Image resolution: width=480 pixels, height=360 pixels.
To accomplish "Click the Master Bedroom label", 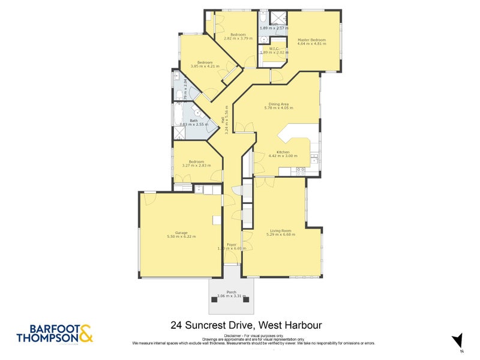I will (311, 40).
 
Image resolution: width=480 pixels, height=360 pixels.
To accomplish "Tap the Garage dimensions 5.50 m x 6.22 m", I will (181, 237).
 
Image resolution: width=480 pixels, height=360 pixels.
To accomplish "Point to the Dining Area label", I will (278, 104).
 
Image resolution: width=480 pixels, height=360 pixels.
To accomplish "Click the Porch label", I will (231, 292).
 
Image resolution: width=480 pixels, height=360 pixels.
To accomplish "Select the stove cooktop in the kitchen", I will (300, 170).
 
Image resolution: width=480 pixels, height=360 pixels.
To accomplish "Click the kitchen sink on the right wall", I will (314, 158).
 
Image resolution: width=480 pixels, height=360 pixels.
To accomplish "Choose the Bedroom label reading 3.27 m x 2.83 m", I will (196, 162).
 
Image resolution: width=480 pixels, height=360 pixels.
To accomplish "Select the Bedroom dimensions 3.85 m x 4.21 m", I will (205, 67).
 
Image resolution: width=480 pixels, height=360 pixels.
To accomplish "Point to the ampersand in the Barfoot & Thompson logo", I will (86, 334).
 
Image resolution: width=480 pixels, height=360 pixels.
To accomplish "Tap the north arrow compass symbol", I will (457, 340).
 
